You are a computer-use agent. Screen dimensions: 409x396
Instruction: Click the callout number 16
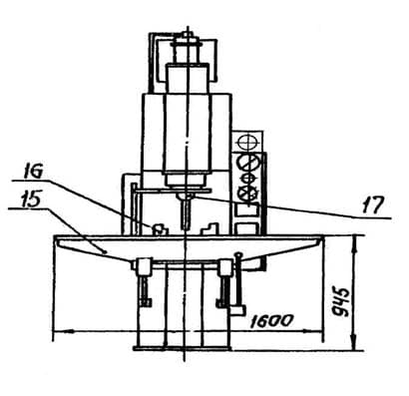[x=34, y=171]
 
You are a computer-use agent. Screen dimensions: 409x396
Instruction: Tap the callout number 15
[x=31, y=199]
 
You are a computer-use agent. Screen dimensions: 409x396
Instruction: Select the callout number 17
[x=373, y=204]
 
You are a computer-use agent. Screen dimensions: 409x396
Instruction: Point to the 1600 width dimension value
[x=271, y=321]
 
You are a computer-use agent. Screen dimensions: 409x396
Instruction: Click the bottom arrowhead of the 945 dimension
[x=355, y=341]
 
